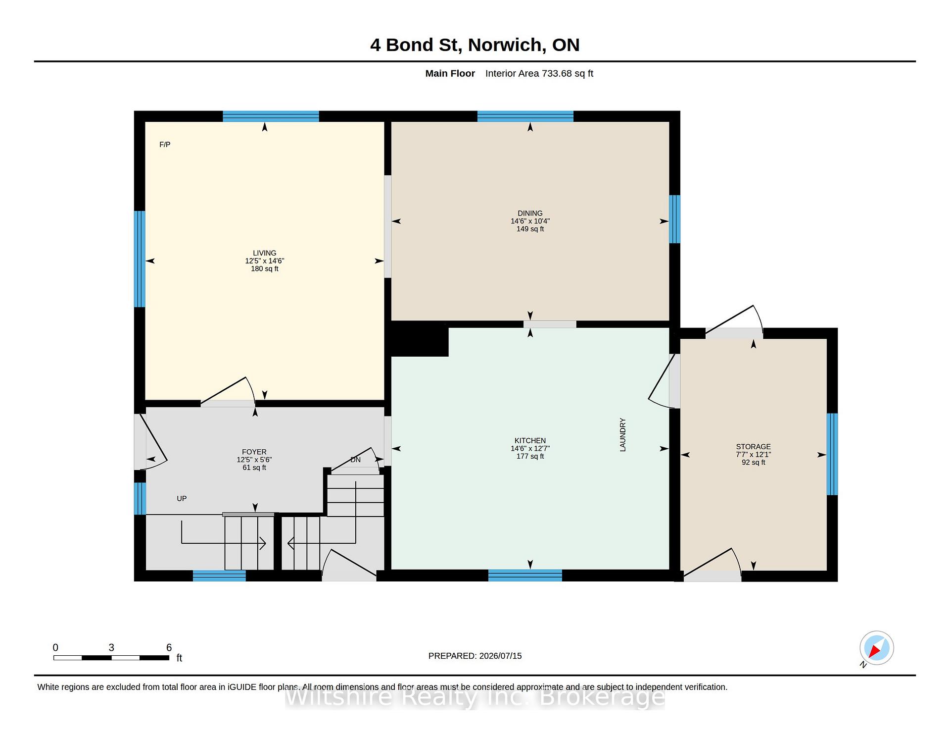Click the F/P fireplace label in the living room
pos(165,145)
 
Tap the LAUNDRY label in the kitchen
pos(623,435)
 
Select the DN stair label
pos(355,460)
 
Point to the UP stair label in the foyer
pos(182,499)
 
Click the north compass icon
pos(876,648)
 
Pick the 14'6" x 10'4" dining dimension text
pos(530,221)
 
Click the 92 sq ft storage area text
pos(753,463)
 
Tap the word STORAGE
pos(753,447)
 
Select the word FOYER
pos(254,452)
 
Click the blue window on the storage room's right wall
pos(832,454)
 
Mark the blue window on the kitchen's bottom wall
pos(525,576)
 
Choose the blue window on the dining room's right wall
pos(674,219)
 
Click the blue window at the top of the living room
pos(271,116)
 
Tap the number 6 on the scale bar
pos(169,647)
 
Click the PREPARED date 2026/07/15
pos(500,656)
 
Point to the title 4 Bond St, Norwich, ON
pos(475,45)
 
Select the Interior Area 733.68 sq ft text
pos(539,74)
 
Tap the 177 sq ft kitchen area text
pos(530,457)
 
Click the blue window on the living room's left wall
pos(140,259)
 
